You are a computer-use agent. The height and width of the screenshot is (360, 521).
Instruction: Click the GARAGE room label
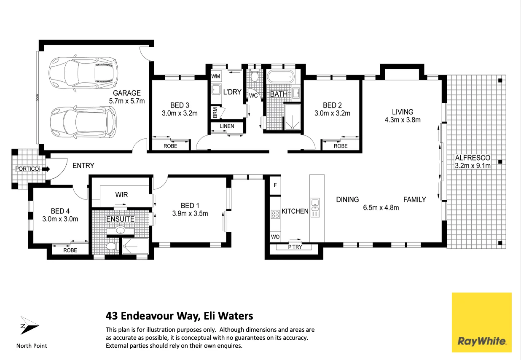click(x=126, y=93)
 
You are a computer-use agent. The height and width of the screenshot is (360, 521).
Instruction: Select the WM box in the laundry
click(x=215, y=76)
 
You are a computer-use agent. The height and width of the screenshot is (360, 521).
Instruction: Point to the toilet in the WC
click(x=254, y=76)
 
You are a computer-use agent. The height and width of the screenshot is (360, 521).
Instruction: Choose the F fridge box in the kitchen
click(x=275, y=185)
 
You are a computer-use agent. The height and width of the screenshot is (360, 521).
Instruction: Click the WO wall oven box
click(x=275, y=237)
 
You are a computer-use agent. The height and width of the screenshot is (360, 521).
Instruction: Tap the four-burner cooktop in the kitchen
click(x=275, y=214)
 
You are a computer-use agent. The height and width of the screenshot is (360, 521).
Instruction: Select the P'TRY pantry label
click(x=295, y=247)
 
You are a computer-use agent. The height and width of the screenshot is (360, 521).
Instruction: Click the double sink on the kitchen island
click(x=315, y=207)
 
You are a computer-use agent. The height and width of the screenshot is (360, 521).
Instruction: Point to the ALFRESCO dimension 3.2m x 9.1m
click(x=473, y=166)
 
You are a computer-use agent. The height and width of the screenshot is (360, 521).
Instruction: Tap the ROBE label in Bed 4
click(x=70, y=250)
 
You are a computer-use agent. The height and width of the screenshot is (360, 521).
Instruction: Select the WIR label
click(x=121, y=195)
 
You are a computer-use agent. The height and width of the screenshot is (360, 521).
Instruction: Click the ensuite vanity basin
click(x=121, y=230)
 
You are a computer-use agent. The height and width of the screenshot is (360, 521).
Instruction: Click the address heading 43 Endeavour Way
click(x=179, y=316)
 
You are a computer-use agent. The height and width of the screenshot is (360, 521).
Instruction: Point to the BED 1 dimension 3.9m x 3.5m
click(x=190, y=213)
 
